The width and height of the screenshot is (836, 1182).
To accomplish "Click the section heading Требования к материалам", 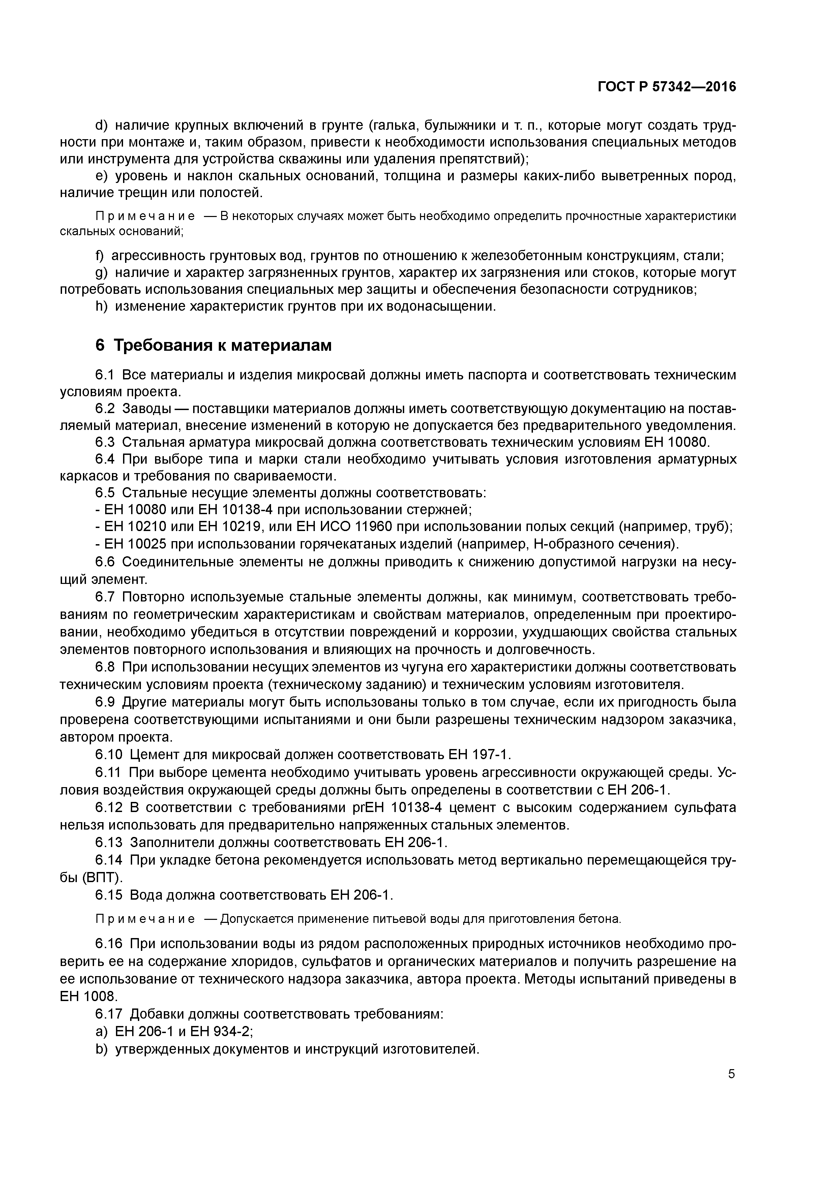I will [x=222, y=345].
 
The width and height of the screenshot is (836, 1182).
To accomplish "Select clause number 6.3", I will [x=106, y=442].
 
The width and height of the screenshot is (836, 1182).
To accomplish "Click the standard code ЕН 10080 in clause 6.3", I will [x=676, y=442].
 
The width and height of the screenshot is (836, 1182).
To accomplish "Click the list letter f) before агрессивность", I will [x=99, y=256].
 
